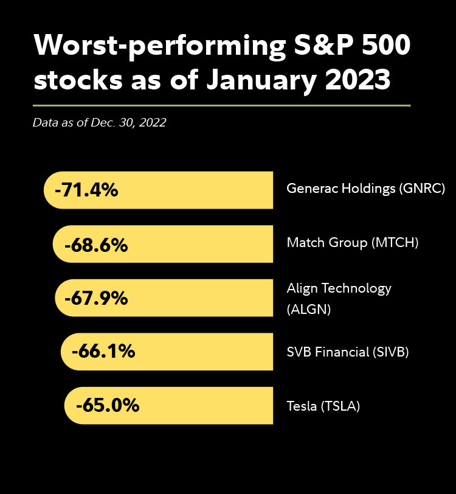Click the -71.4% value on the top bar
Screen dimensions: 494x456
point(86,190)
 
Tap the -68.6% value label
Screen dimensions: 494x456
point(96,245)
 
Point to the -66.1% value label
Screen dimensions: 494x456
point(103,352)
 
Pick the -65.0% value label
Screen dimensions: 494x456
point(108,405)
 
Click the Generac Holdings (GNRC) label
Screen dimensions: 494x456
point(366,189)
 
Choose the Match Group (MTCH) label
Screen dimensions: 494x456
point(353,243)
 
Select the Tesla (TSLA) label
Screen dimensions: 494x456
point(323,405)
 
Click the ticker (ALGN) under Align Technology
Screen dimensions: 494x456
point(308,309)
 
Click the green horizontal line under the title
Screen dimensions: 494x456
point(222,105)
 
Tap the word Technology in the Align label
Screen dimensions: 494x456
point(358,288)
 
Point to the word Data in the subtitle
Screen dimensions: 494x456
point(44,122)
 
